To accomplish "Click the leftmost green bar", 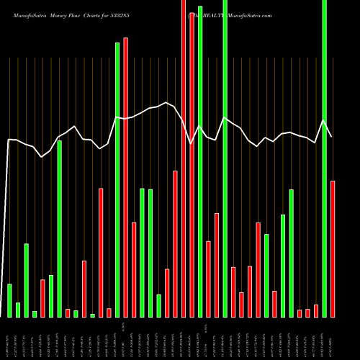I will (x=9, y=300).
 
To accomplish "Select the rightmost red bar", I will (x=333, y=248).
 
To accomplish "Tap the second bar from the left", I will (x=18, y=310).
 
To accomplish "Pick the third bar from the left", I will (x=26, y=280).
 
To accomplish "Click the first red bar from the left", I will (x=42, y=298).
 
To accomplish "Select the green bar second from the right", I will (x=291, y=253).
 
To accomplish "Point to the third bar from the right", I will (x=316, y=310).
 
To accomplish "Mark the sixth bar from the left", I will (x=51, y=296).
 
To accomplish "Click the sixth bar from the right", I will (x=291, y=253).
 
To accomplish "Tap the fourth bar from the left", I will (x=35, y=313).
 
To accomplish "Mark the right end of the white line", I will (x=332, y=137).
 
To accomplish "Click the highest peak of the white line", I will (x=166, y=102).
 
